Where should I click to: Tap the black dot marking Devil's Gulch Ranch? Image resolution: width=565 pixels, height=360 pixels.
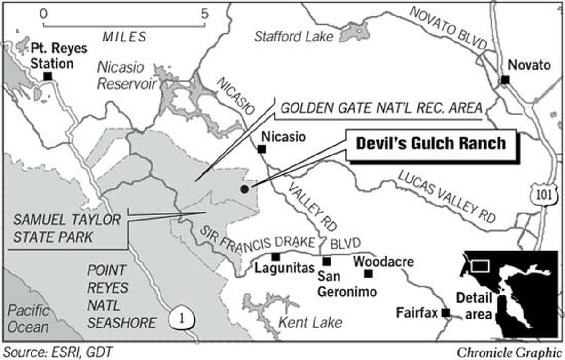pos(244,189)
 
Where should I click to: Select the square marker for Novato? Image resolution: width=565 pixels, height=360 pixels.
pos(505,80)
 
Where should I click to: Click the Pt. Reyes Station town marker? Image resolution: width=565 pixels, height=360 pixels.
pos(47,76)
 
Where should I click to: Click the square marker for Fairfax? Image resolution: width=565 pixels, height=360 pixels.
pos(446,312)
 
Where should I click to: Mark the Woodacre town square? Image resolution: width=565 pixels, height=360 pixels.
pos(369,273)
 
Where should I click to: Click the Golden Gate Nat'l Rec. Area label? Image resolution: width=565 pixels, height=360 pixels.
pos(381,108)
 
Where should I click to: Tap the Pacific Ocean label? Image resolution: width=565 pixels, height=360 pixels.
pos(28,319)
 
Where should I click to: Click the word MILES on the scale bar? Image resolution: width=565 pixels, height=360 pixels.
pos(124,36)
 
